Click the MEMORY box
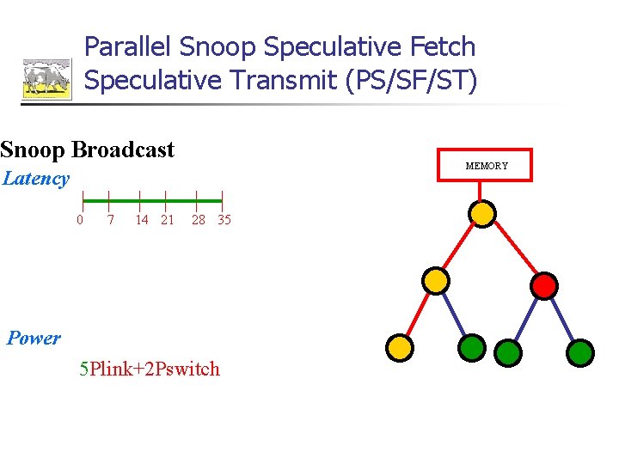(487, 165)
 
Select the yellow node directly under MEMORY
(484, 213)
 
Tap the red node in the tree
(544, 285)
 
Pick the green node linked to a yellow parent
(470, 347)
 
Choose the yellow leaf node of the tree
(400, 347)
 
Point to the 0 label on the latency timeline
(80, 220)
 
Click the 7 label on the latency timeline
(110, 220)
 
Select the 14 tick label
(142, 220)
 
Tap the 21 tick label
(168, 220)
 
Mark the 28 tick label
(199, 220)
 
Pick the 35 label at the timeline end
(224, 220)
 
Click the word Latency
(35, 179)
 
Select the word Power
(34, 339)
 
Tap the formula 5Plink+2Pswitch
(149, 369)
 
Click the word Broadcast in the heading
(123, 150)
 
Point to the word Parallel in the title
(128, 47)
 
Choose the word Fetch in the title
(443, 47)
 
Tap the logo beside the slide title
(46, 79)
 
